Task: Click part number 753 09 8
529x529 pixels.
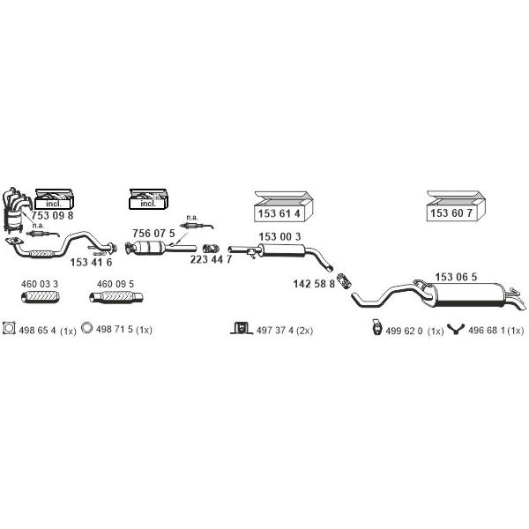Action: click(52, 215)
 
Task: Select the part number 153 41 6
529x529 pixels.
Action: click(91, 262)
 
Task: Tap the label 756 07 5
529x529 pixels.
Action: click(153, 233)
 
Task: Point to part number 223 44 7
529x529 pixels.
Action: click(211, 259)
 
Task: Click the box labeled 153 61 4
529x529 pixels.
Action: click(283, 206)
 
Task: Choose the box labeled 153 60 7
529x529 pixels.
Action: click(456, 205)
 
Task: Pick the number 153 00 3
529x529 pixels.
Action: click(279, 237)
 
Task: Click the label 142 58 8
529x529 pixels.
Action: click(314, 284)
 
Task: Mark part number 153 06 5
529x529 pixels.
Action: click(456, 277)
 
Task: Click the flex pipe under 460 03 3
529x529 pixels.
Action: click(41, 297)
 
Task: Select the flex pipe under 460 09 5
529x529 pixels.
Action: click(116, 297)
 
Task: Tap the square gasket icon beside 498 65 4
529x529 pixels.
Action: click(9, 328)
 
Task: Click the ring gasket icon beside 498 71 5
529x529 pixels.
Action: click(86, 328)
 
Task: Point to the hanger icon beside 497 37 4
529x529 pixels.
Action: click(242, 328)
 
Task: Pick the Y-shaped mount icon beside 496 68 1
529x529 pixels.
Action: click(456, 329)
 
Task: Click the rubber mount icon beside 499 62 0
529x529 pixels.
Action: click(376, 327)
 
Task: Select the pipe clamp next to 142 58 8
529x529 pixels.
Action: click(345, 280)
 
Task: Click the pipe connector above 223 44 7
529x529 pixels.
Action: click(212, 249)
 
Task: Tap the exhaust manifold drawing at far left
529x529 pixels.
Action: click(15, 210)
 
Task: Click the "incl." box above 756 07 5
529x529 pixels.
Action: click(148, 199)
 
